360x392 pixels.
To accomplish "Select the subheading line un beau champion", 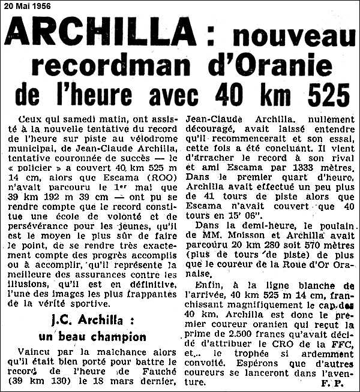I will click(96, 336).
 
